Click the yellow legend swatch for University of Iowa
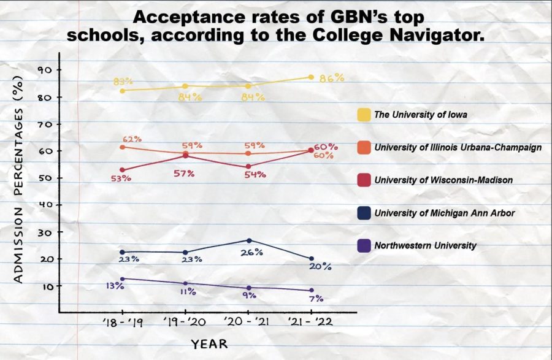coord(364,114)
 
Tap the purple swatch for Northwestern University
coord(364,245)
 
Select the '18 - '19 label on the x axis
coord(123,323)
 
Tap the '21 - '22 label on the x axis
coord(310,323)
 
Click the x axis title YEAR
coord(209,344)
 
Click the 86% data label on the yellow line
coord(331,78)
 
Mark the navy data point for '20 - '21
coord(249,240)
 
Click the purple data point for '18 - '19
coord(122,279)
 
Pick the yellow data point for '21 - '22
coord(311,77)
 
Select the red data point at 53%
coord(122,170)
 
